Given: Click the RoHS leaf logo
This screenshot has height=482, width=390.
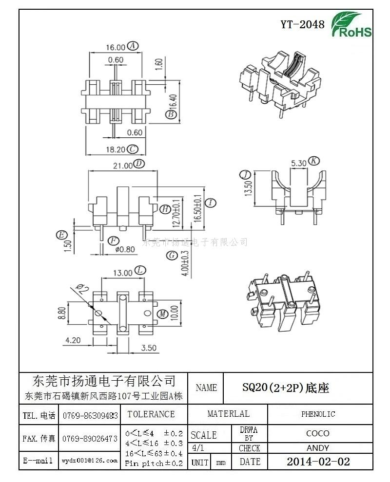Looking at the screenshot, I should tap(351, 25).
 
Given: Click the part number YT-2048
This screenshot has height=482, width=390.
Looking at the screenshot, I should tap(302, 25).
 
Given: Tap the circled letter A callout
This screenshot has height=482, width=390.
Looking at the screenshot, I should tap(133, 46).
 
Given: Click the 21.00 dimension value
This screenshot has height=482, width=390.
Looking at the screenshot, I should tap(122, 165).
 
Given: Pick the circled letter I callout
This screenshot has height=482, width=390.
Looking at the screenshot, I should tap(211, 203).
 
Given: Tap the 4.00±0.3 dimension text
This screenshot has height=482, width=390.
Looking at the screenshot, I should tap(184, 263).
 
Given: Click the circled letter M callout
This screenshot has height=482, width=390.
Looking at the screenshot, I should tap(162, 313).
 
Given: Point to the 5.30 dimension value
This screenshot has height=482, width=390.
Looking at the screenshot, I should tap(298, 163).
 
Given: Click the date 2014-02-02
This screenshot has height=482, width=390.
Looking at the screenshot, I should tap(318, 462).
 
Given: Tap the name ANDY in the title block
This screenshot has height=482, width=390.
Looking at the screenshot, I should tap(318, 448).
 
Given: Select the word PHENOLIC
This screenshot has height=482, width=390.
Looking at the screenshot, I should tap(318, 414).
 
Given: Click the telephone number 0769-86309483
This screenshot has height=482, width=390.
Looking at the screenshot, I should tap(90, 416).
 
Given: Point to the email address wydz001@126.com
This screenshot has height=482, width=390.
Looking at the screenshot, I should tap(90, 460).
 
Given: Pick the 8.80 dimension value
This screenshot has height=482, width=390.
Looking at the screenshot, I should tap(61, 313).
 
